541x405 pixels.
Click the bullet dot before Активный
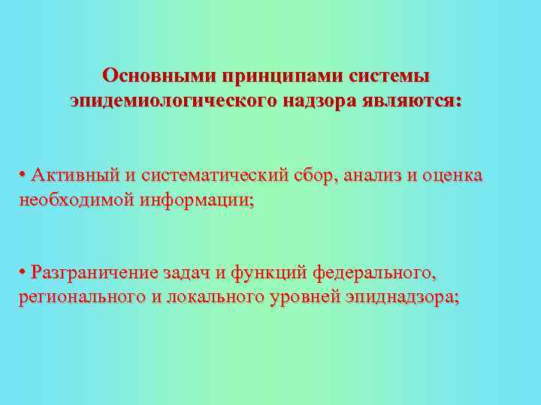24,175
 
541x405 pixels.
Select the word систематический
214,175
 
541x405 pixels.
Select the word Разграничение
93,271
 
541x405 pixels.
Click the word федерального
373,271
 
